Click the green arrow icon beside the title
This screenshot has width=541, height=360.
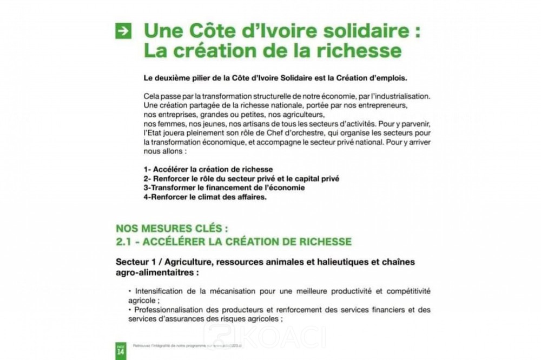tap(123, 32)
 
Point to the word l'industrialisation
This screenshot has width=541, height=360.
tap(398, 96)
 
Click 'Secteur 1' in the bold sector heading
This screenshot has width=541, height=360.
tap(137, 262)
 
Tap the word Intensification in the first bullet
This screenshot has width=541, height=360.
tap(160, 291)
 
